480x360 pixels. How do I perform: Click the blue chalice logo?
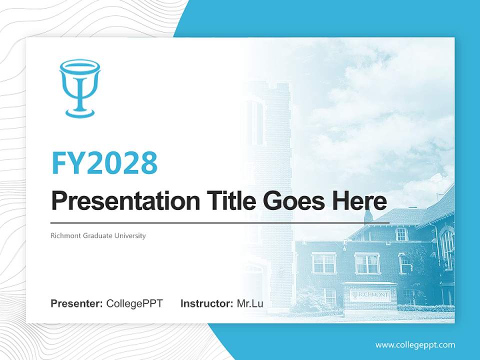tap(79, 88)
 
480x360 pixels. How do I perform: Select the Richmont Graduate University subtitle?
tap(98, 235)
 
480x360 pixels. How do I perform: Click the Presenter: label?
tap(77, 303)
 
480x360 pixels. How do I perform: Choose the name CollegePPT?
tap(134, 303)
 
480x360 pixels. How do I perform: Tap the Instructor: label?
tap(206, 303)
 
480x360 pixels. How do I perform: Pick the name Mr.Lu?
tap(250, 303)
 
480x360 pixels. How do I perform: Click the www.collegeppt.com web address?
tap(415, 344)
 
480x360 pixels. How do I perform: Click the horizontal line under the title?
tap(220, 222)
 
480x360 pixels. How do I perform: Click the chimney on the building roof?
tap(368, 215)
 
